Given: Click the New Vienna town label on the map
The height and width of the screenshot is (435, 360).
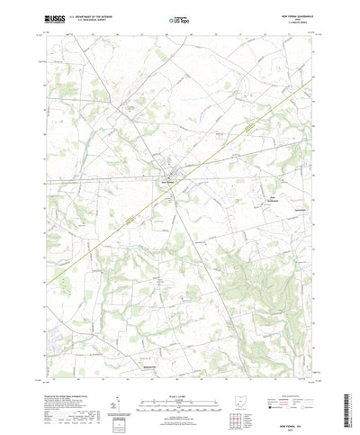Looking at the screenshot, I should pos(166,177).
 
